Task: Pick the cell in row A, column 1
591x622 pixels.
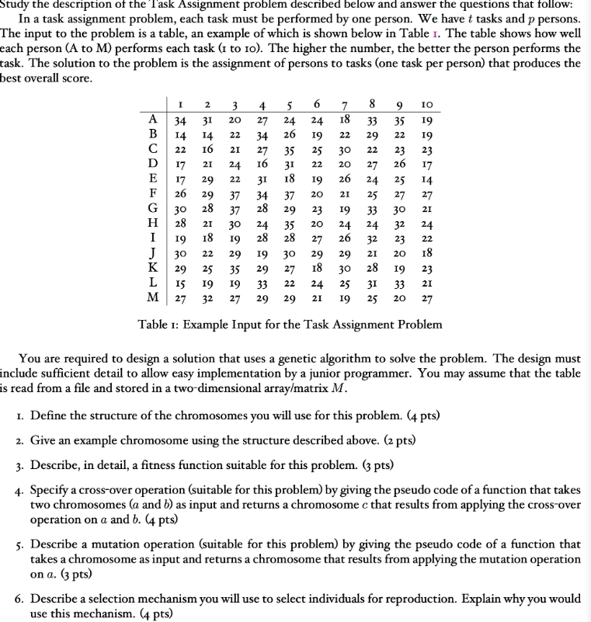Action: click(179, 120)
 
